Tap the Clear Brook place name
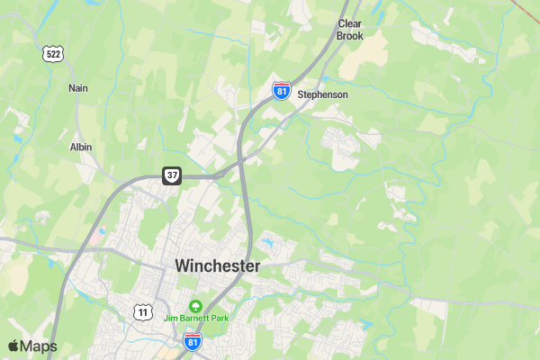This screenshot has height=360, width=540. coord(350,30)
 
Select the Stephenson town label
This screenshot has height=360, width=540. coord(322,94)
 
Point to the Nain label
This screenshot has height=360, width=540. coord(78,88)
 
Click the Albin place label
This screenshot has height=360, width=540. coord(81,147)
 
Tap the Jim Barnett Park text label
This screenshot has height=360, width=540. coord(195,318)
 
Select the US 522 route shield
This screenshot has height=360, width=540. coord(53,53)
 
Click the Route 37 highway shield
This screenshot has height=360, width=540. coord(172,175)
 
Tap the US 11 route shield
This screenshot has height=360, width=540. coord(142,311)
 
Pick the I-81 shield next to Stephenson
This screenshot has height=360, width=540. coord(282,91)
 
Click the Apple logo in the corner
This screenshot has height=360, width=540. coord(13,346)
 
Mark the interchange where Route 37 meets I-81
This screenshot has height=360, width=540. coord(241,163)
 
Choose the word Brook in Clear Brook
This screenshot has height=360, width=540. coord(350,36)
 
